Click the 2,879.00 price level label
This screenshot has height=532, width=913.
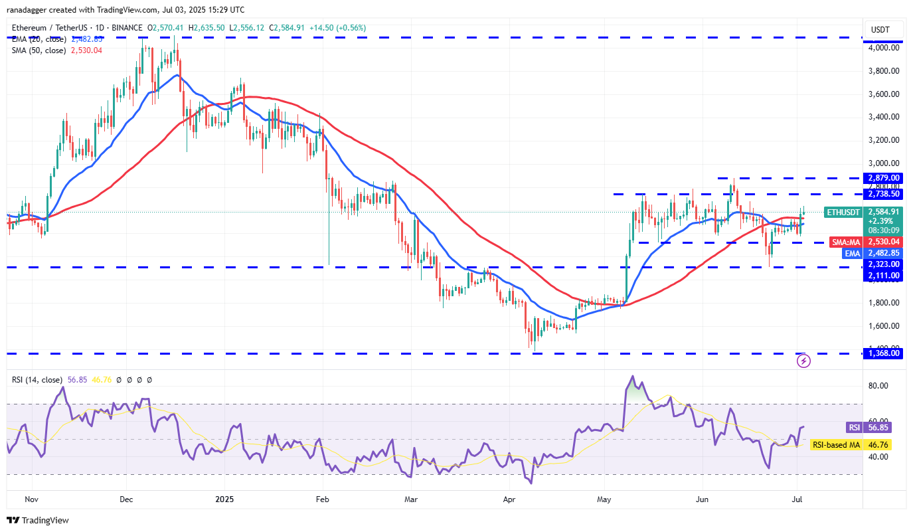[883, 178]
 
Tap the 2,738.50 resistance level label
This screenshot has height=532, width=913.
[883, 194]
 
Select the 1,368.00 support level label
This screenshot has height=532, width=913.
[883, 353]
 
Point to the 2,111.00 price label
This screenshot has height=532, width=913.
[883, 276]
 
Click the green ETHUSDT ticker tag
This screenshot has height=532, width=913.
[843, 213]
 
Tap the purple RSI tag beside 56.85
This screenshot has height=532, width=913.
[854, 427]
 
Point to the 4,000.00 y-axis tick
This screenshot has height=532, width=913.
[883, 48]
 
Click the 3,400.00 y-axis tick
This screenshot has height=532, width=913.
[883, 117]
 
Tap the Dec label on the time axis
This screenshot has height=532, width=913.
[127, 498]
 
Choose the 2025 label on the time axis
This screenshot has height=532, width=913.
[224, 498]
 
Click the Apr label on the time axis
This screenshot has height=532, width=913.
[509, 498]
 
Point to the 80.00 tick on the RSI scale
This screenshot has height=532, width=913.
[878, 386]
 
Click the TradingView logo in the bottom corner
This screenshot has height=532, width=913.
[38, 520]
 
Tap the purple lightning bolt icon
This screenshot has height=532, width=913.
[803, 361]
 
